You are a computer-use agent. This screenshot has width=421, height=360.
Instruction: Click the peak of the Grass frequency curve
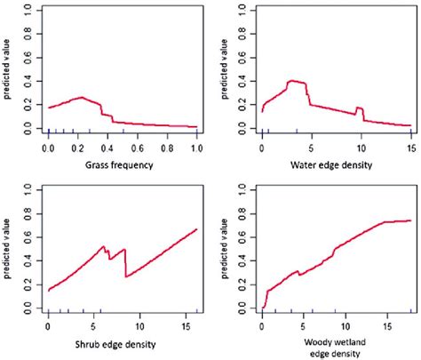(x=82, y=97)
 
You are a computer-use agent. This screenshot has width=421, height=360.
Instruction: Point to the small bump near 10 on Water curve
(x=360, y=108)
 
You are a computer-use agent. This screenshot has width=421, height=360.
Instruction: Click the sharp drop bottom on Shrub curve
(x=126, y=276)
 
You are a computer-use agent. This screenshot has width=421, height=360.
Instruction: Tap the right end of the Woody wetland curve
(x=409, y=220)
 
